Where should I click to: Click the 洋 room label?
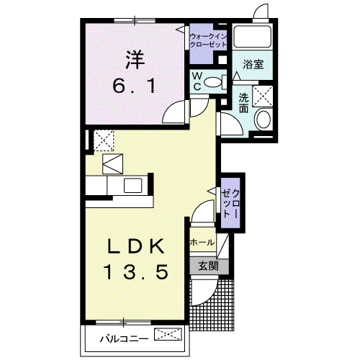tap(135, 59)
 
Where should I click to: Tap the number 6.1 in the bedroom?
tap(135, 86)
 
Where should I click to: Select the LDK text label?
tap(136, 246)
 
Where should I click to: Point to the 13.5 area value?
tap(136, 271)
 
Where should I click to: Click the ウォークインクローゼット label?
tap(208, 41)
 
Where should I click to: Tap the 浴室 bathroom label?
tap(253, 64)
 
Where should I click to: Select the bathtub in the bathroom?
tap(253, 36)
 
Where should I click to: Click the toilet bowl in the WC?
tap(213, 82)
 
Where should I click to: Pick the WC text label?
tap(197, 81)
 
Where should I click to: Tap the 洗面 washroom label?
tap(243, 103)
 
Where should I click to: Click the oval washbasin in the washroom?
tap(264, 119)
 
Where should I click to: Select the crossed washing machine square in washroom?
tap(263, 96)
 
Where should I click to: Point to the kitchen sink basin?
tap(132, 186)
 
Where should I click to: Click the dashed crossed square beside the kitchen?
tap(104, 140)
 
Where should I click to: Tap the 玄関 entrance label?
tap(209, 266)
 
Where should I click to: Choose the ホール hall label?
tap(202, 243)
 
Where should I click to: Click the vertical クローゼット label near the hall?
tap(230, 204)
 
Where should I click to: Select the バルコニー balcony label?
tap(124, 339)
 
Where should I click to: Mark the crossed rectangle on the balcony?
tap(168, 334)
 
